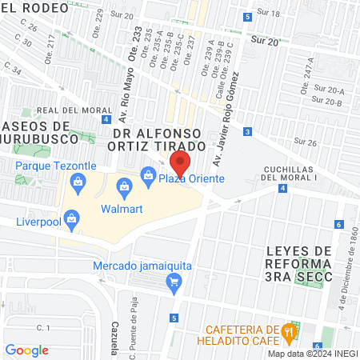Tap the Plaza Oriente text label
click(196, 179)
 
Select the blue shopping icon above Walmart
click(124, 189)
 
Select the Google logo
click(26, 350)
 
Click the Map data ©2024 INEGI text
click(310, 354)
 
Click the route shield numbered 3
click(248, 131)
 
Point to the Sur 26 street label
click(306, 142)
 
